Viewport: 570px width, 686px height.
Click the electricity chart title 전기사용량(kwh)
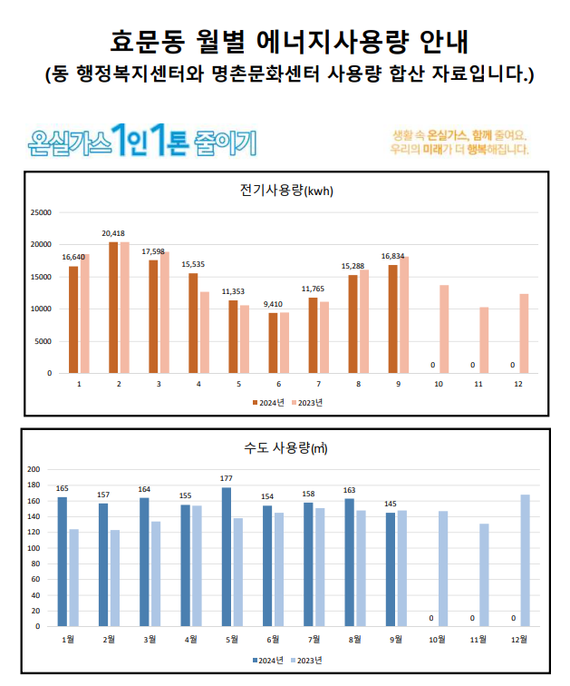pos(285,191)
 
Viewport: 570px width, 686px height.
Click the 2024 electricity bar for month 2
pos(113,307)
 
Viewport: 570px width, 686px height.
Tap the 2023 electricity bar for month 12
pos(524,333)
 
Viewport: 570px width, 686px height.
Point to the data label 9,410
pos(273,304)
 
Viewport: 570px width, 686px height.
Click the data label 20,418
pos(113,233)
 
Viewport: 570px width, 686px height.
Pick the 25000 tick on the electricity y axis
pos(42,213)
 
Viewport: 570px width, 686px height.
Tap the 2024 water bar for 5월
pos(227,556)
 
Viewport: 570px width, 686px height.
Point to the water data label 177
pos(227,478)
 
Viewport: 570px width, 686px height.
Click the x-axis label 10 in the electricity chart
pos(439,385)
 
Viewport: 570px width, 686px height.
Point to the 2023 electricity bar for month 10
pos(444,328)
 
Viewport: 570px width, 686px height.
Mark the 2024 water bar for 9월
pos(391,569)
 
